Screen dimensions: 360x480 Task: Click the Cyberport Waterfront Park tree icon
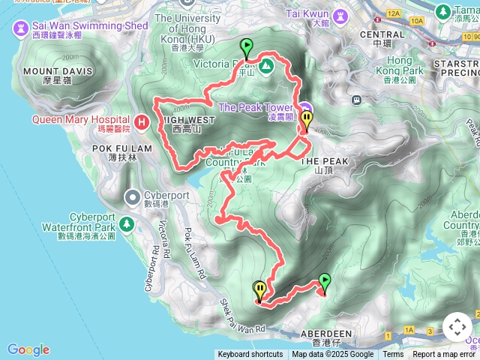pos(127,223)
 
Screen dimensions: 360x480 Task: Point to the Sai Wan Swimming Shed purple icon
pos(20,28)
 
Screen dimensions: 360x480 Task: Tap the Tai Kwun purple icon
pos(340,15)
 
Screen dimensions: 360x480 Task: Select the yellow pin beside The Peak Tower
pos(306,120)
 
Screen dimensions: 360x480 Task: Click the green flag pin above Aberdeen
pos(324,283)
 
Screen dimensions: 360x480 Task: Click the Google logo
pos(28,349)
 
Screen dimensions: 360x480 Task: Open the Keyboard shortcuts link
pos(250,355)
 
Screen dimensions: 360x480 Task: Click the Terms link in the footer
pos(393,355)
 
